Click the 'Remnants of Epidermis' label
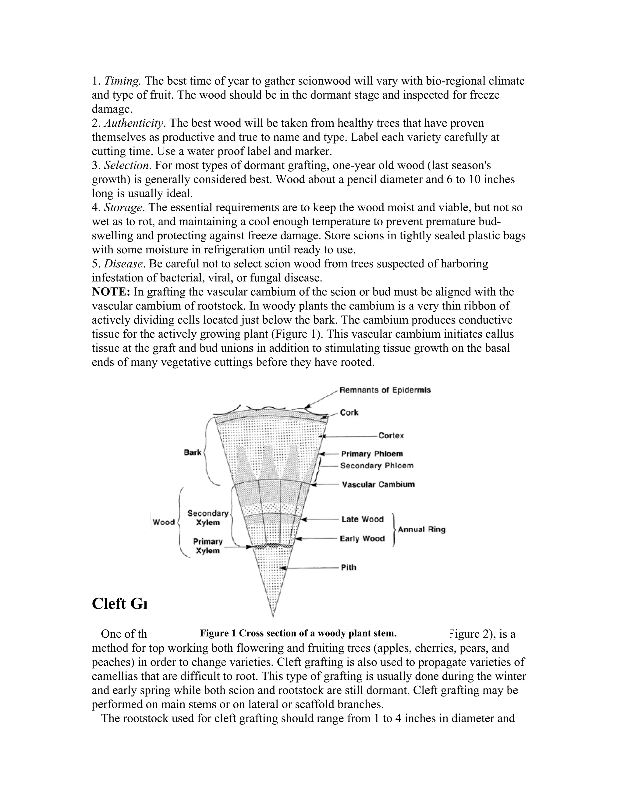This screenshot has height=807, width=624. (385, 390)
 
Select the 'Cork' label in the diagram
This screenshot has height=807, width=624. (349, 413)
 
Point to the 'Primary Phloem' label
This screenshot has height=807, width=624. (371, 454)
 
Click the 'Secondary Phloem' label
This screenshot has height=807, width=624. (377, 466)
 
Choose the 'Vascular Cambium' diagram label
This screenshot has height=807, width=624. (378, 485)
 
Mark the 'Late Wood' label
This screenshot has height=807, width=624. (362, 519)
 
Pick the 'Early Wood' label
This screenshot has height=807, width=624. (362, 539)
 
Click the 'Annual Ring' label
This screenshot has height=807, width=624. (421, 530)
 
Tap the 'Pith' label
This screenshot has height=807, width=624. (348, 567)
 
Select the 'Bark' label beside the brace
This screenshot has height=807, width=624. (193, 452)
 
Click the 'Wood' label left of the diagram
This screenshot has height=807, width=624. (163, 522)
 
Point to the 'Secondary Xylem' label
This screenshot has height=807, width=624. (208, 518)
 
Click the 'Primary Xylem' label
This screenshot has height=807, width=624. (208, 546)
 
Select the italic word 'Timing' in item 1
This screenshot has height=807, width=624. (122, 81)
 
